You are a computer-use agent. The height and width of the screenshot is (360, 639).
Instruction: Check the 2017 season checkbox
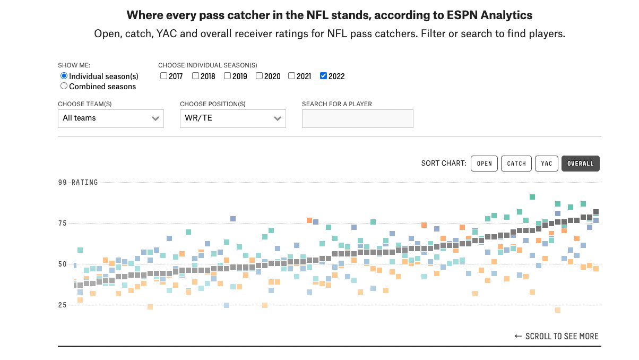[x=164, y=76]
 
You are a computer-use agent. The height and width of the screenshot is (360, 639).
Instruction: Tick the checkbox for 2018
[x=196, y=76]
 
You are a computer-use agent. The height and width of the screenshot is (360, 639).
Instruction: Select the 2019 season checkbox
[x=228, y=76]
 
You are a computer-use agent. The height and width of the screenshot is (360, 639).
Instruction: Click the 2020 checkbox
[x=260, y=76]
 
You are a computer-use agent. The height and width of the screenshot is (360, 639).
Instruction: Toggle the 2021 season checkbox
[x=292, y=76]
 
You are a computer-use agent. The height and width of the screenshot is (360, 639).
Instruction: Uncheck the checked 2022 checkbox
[x=324, y=76]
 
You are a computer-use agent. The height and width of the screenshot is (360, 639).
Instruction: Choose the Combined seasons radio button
[x=64, y=86]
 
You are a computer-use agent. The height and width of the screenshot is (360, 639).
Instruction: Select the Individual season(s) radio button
[x=64, y=76]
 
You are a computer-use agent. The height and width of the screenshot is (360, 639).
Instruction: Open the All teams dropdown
[x=110, y=118]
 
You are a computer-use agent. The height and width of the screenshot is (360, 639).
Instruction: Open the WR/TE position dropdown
[x=232, y=118]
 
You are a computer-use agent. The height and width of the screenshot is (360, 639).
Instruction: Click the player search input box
[x=357, y=118]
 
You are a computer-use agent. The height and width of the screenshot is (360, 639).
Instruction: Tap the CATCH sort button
[x=516, y=164]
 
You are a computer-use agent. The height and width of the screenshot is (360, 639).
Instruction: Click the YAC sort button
[x=546, y=164]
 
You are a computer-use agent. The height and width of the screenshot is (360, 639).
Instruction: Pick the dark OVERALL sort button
[x=580, y=164]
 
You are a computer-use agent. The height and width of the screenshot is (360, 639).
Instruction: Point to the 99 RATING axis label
[x=78, y=182]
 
